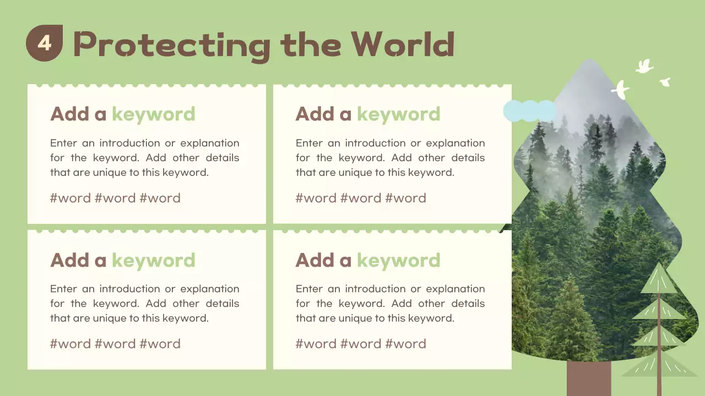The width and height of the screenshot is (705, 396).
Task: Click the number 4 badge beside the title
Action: click(44, 43)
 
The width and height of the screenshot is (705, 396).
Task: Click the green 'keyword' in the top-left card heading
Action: click(153, 114)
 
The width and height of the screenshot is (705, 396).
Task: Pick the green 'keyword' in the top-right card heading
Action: click(398, 114)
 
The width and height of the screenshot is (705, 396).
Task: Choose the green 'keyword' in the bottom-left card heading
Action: click(153, 260)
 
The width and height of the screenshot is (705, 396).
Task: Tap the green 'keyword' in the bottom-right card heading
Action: click(398, 260)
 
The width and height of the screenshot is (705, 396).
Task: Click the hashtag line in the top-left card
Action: click(115, 198)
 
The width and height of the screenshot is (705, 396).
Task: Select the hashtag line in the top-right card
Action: click(361, 198)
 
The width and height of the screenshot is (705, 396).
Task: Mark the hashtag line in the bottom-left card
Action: click(115, 344)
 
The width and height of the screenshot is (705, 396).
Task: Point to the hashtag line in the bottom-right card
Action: click(361, 344)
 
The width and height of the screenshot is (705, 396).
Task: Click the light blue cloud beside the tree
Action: click(529, 111)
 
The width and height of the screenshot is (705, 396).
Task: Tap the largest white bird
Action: click(621, 90)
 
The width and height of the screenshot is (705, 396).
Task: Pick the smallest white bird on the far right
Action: click(665, 82)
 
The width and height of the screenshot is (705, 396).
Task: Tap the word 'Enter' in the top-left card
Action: click(63, 143)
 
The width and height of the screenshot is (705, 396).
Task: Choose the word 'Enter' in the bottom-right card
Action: click(309, 289)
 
